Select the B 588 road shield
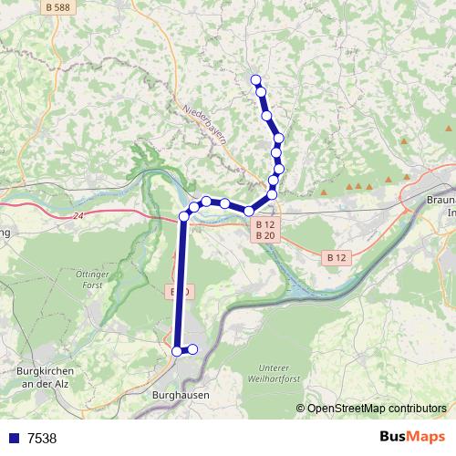click(57, 6)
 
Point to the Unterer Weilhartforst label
click(271, 372)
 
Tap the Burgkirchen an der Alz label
click(46, 377)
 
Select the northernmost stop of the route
click(256, 79)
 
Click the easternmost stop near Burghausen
click(192, 349)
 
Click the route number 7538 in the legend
click(42, 439)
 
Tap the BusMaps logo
click(412, 438)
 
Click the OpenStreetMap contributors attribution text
click(377, 409)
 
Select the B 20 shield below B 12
click(264, 236)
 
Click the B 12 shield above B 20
click(264, 224)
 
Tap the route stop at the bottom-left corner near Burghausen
click(178, 349)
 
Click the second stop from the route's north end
click(262, 91)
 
